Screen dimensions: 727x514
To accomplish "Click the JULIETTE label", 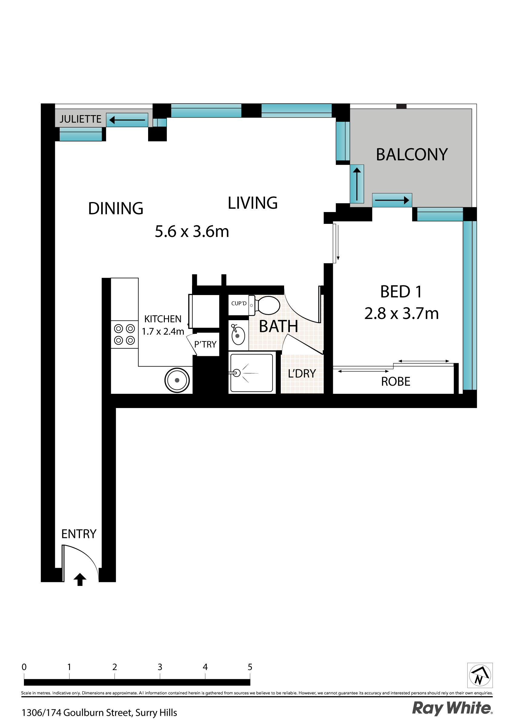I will click(x=81, y=119).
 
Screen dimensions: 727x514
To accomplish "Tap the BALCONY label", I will click(x=411, y=154).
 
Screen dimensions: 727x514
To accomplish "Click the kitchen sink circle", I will click(x=177, y=380).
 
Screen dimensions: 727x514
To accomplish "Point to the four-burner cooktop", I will click(x=124, y=334).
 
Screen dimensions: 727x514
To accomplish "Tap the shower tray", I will click(x=251, y=373).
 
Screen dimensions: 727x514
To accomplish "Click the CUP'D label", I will click(x=238, y=303).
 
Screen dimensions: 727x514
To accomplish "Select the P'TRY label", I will click(x=205, y=344).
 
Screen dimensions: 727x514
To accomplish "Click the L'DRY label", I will click(x=301, y=373).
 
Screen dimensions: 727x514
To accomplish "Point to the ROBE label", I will click(x=395, y=382).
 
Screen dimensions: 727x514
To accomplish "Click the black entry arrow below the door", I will click(x=80, y=579).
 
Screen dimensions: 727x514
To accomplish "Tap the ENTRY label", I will click(x=78, y=534).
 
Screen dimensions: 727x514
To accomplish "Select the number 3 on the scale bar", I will click(x=160, y=667).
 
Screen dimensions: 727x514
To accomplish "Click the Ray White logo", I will click(x=452, y=708).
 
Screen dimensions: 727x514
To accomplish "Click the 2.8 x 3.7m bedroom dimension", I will click(x=401, y=314).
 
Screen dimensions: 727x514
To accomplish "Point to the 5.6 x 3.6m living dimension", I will click(x=192, y=231).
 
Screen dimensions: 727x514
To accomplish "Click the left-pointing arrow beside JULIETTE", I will click(x=127, y=120).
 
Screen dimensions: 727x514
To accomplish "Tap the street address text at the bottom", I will click(x=99, y=713).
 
